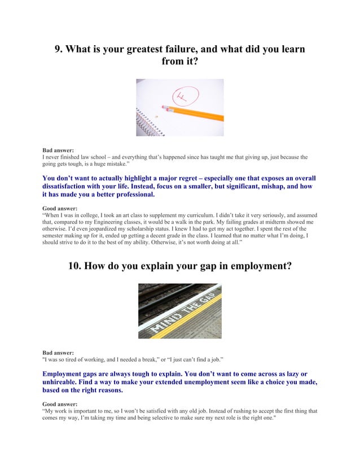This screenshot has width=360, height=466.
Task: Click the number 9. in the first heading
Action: pos(59,49)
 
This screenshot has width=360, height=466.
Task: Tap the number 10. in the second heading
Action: pos(75,266)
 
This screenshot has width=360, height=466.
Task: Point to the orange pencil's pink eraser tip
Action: pos(164,107)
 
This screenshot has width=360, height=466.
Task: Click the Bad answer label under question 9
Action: pos(58,151)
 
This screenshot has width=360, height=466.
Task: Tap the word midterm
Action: pos(262,222)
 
